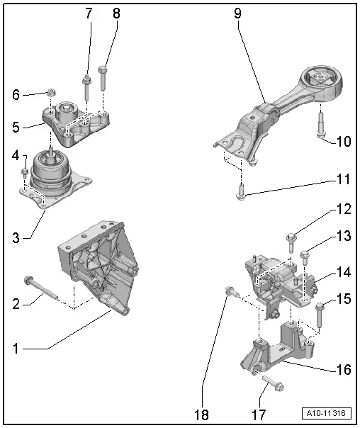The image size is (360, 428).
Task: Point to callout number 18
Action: [x=201, y=411]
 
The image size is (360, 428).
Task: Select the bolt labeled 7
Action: [x=86, y=89]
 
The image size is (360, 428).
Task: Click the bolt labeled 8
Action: [x=104, y=78]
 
